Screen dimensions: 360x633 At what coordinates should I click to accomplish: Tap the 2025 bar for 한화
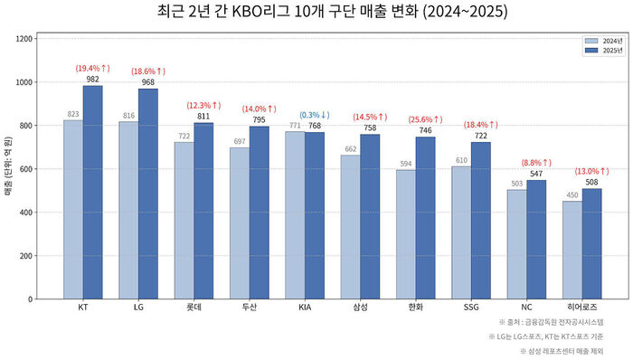425,217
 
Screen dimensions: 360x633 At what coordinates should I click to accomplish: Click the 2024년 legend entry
606,42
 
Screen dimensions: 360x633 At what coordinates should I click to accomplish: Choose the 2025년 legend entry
606,51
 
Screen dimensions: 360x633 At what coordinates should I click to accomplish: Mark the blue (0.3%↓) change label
314,115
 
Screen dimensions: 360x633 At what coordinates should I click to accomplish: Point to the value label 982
92,79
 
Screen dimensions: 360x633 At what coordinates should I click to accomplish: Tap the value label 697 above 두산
239,141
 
